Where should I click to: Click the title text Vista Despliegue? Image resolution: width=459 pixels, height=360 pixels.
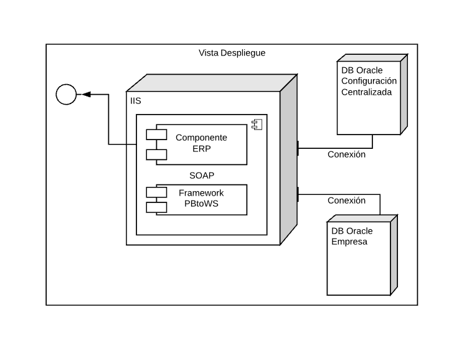[x=232, y=53]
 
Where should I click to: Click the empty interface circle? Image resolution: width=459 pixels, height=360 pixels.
[x=66, y=95]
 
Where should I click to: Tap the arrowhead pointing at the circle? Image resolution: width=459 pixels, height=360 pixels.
[x=86, y=95]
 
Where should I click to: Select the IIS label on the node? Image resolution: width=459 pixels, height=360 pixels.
[x=135, y=100]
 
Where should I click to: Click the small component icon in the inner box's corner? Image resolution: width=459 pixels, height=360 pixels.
[x=257, y=125]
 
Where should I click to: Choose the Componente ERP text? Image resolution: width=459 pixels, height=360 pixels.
[x=201, y=143]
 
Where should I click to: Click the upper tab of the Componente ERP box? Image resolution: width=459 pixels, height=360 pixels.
[x=156, y=133]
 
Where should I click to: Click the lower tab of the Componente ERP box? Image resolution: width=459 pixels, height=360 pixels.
[x=156, y=154]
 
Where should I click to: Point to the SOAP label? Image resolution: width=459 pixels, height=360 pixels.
[x=202, y=175]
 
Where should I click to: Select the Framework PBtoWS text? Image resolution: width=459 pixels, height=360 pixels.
[x=201, y=198]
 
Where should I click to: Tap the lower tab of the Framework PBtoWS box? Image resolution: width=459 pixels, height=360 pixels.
[x=156, y=207]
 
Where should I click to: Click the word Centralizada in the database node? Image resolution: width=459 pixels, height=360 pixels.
[x=366, y=92]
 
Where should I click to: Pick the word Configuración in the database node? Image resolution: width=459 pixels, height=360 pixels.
[x=369, y=81]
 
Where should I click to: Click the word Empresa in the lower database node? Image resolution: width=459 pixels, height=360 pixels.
[x=349, y=242]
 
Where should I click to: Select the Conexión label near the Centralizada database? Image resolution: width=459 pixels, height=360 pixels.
[x=346, y=154]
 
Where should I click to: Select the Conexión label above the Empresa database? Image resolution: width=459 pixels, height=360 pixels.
[x=346, y=201]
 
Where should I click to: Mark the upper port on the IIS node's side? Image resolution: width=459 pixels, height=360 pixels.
[x=298, y=148]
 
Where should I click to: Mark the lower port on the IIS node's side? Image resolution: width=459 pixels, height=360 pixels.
[x=298, y=194]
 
